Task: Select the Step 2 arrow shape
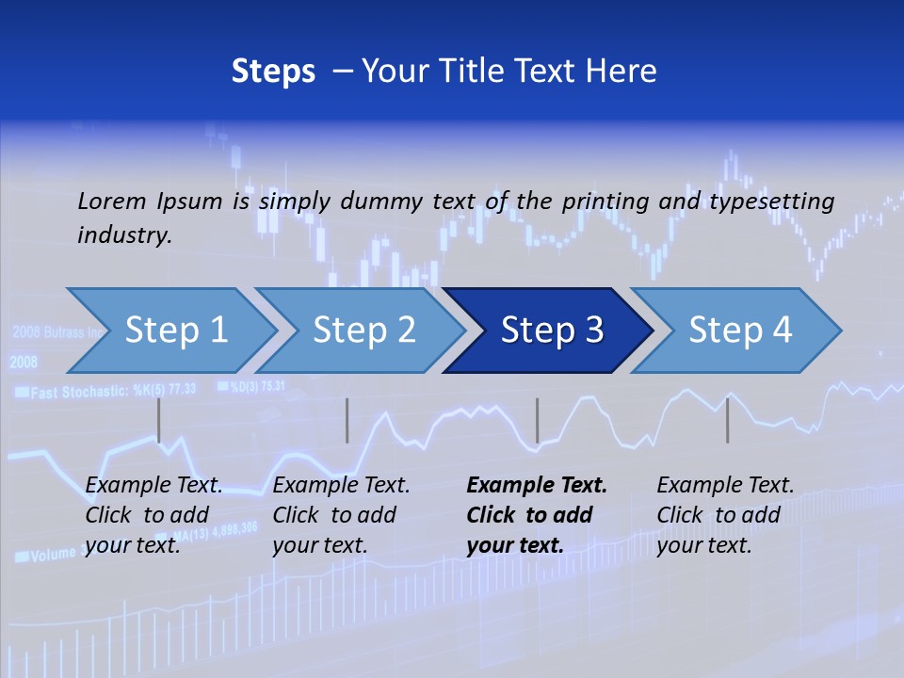(x=363, y=331)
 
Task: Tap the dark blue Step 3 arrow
(x=551, y=331)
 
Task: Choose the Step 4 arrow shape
(x=739, y=331)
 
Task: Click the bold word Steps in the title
(x=273, y=72)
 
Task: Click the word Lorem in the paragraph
(x=111, y=201)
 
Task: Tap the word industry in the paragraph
(x=123, y=234)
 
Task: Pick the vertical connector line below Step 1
(x=159, y=420)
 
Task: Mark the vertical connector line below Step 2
(x=347, y=420)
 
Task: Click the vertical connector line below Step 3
(x=538, y=420)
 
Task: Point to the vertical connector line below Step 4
(x=728, y=420)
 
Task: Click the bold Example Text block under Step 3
(x=537, y=515)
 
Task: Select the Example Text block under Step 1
(x=153, y=515)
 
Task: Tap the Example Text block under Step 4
(x=725, y=515)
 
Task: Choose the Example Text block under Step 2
(x=341, y=515)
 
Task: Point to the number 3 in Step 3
(x=593, y=331)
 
